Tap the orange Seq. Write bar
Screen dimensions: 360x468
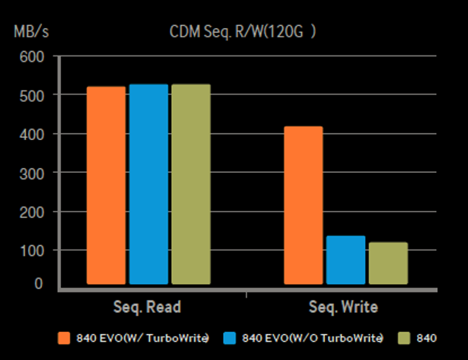point(304,205)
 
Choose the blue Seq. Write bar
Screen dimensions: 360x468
point(345,260)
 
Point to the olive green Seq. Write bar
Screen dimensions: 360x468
point(388,263)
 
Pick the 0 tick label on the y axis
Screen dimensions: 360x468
point(39,283)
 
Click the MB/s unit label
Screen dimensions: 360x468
point(30,33)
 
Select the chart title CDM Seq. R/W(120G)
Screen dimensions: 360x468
point(233,33)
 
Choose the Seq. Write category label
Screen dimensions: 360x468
point(343,307)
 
